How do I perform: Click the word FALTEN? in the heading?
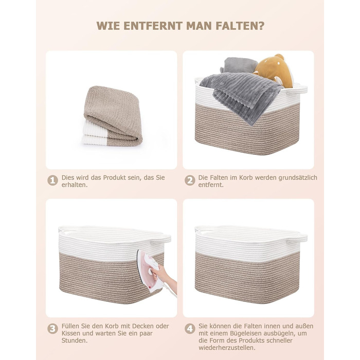(x=240, y=26)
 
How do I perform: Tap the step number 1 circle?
(x=52, y=181)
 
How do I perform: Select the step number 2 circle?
(x=190, y=181)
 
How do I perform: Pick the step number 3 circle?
(x=52, y=329)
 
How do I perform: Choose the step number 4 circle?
(x=190, y=329)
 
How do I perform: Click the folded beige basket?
(x=112, y=116)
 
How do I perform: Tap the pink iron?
(x=149, y=271)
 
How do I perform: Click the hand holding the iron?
(x=164, y=277)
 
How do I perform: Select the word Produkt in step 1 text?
(x=114, y=178)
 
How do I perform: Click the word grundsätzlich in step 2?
(x=298, y=178)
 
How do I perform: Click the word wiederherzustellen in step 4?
(x=226, y=348)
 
